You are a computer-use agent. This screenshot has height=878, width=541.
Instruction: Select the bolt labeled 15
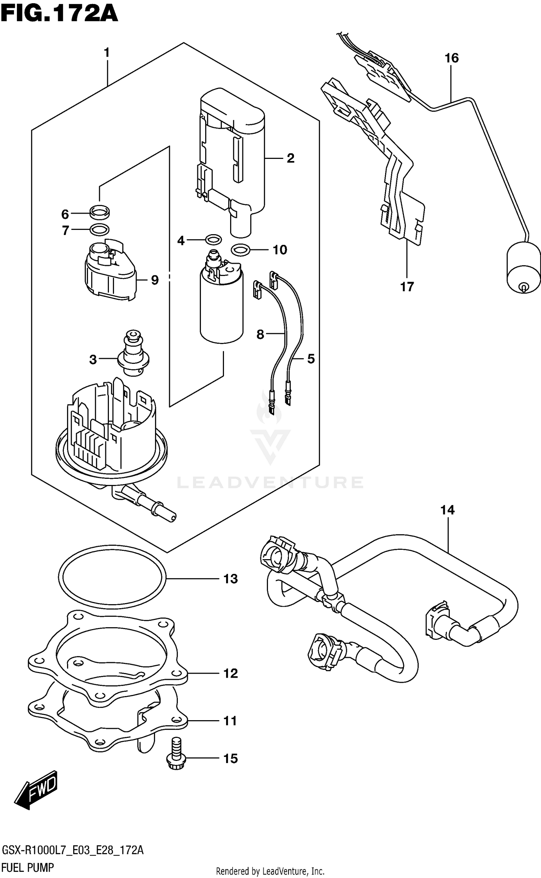[x=176, y=754]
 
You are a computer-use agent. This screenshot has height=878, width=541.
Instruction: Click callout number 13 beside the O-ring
[x=230, y=579]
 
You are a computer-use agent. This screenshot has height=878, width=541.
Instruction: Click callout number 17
[x=407, y=287]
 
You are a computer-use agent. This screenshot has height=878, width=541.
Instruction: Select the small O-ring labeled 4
[x=213, y=239]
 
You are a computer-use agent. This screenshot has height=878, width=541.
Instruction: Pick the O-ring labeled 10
[x=241, y=249]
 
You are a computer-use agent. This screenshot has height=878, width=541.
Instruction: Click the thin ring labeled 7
[x=100, y=229]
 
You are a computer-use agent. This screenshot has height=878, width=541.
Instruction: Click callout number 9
[x=155, y=280]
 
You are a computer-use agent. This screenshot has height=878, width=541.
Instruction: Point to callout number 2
[x=290, y=158]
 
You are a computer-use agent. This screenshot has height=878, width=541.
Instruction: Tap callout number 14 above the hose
[x=447, y=510]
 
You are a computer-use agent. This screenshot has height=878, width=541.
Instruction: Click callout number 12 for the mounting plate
[x=230, y=673]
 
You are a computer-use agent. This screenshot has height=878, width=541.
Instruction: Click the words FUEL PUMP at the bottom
[x=28, y=867]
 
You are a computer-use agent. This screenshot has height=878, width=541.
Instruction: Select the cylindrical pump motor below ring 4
[x=221, y=310]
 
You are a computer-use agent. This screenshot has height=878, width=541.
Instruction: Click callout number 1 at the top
[x=106, y=53]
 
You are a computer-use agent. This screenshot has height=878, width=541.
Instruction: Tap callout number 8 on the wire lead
[x=260, y=335]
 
